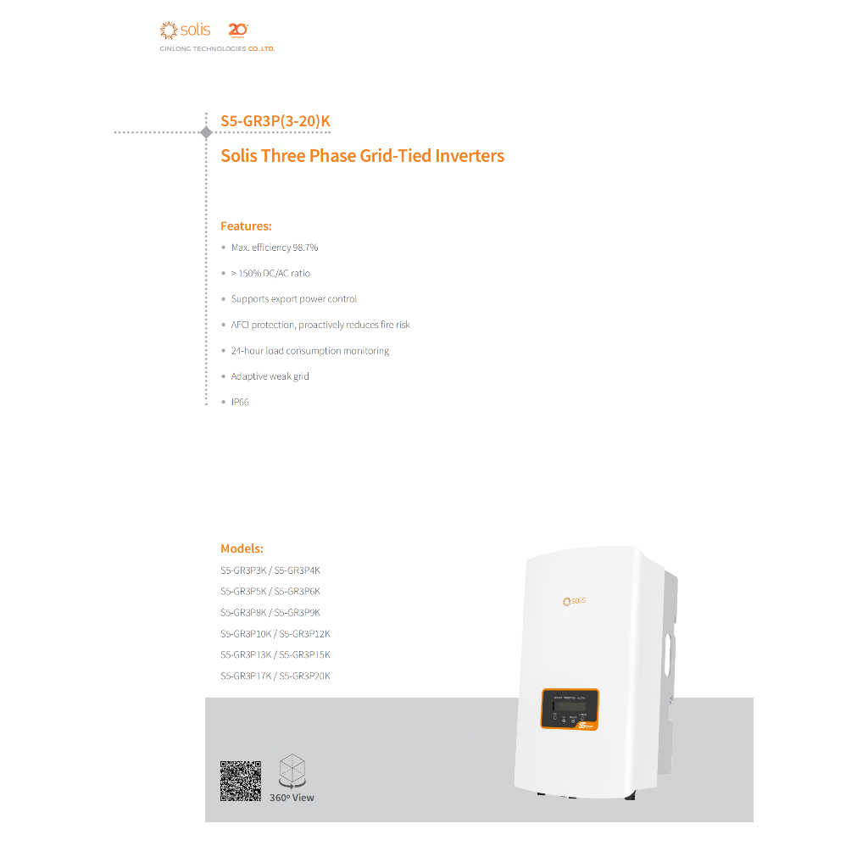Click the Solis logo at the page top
(x=185, y=31)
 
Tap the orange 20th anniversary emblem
(x=237, y=31)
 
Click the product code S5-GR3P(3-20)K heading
(x=275, y=121)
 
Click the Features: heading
(x=246, y=226)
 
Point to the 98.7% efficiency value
(x=305, y=248)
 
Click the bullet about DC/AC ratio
(x=270, y=274)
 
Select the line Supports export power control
(x=293, y=299)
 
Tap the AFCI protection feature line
(x=320, y=325)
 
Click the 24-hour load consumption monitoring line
(x=309, y=351)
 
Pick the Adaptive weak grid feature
(x=270, y=376)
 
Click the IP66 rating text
(x=240, y=402)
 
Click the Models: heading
(x=242, y=548)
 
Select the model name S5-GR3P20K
(x=304, y=676)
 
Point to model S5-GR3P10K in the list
(x=245, y=633)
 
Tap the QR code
(x=241, y=781)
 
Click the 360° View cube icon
(x=292, y=771)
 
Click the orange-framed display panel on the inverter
(x=570, y=709)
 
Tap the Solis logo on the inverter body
(x=574, y=601)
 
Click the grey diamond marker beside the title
(x=206, y=132)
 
